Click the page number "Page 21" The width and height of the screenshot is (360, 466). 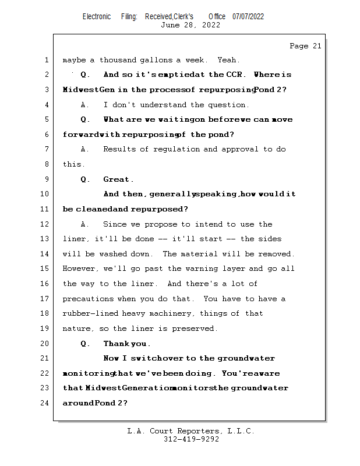305,46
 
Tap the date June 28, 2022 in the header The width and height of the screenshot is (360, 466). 190,25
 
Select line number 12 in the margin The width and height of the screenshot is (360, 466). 45,224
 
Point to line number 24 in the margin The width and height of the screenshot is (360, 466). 45,403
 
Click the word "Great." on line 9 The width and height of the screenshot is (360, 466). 118,179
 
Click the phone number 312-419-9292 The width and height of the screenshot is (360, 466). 191,439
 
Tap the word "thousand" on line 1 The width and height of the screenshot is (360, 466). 118,60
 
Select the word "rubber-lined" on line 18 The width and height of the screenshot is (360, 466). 89,313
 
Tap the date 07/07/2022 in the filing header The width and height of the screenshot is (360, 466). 248,16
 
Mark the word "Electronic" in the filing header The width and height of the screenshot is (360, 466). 97,16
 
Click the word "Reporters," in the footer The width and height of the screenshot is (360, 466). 197,431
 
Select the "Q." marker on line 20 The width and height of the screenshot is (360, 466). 85,344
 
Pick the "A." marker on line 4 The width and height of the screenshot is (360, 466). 85,105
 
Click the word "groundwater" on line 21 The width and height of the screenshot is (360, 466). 246,358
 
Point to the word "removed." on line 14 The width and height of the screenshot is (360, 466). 276,254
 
